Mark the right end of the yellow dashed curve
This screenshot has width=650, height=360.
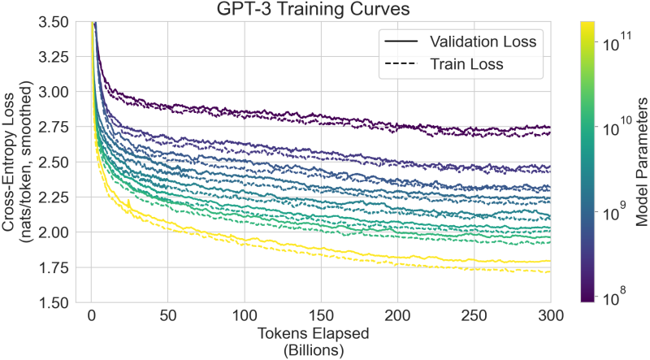point(550,271)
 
